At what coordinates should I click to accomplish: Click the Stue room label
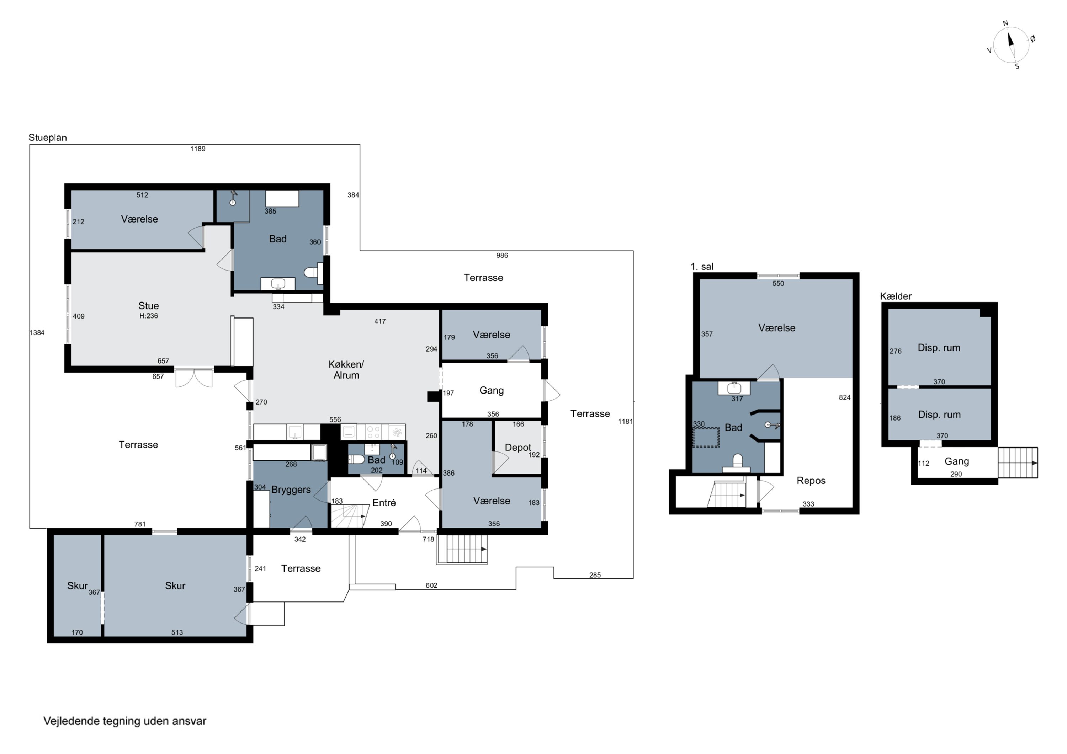point(149,306)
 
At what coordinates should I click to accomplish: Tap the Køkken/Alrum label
point(346,370)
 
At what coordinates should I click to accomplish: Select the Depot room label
point(518,447)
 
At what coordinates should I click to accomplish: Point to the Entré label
point(384,502)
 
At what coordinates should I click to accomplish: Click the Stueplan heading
point(47,138)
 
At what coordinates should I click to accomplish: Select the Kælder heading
point(896,296)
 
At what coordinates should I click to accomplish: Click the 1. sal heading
point(702,267)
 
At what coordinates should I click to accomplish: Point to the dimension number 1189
point(197,149)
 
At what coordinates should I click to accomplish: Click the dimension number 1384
point(37,333)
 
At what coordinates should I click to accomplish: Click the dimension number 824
point(844,397)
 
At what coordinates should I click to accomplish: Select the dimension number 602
point(431,585)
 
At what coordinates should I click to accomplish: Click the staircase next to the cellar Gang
point(1018,463)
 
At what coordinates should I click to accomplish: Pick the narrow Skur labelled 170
point(77,585)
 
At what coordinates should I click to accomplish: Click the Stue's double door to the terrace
point(194,378)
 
